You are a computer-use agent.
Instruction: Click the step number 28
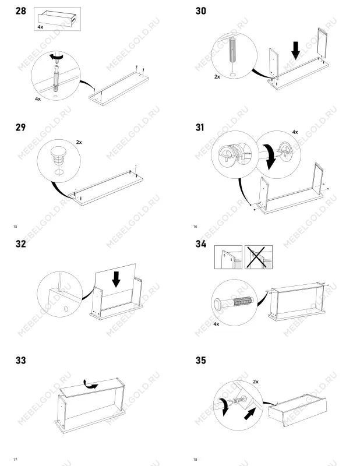[x=21, y=11]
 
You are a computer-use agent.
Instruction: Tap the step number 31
[x=200, y=128]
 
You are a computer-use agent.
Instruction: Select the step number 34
[x=201, y=244]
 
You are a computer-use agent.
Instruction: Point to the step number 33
[x=21, y=361]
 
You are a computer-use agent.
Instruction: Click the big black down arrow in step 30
[x=296, y=51]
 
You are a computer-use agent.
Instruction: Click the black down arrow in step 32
[x=117, y=279]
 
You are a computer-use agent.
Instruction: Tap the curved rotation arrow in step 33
[x=90, y=384]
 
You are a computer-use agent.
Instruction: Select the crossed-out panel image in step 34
[x=258, y=257]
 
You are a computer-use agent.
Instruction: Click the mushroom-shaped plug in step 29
[x=59, y=157]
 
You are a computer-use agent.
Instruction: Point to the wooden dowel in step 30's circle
[x=233, y=50]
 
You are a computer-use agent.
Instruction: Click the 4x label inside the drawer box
[x=40, y=27]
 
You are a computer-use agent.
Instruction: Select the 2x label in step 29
[x=79, y=142]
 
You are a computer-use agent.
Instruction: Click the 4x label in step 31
[x=295, y=132]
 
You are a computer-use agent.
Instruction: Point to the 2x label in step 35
[x=256, y=382]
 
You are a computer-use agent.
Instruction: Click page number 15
[x=15, y=227]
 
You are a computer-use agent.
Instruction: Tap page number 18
[x=195, y=460]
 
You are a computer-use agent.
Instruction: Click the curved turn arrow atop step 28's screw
[x=56, y=56]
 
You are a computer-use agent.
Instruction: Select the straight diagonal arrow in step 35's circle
[x=250, y=414]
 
